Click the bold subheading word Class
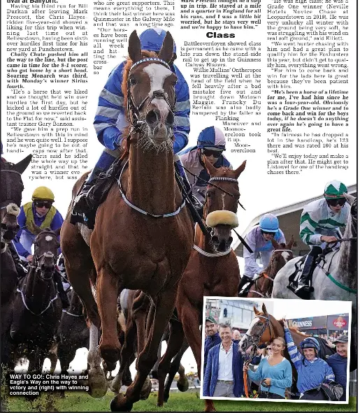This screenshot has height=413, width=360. (x=220, y=35)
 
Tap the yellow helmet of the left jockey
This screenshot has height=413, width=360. (x=43, y=194)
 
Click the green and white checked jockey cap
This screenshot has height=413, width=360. (x=336, y=189)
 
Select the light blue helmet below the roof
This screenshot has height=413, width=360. (x=269, y=223)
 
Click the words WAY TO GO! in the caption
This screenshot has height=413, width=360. (x=27, y=377)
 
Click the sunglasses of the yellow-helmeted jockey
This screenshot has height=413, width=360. (x=43, y=204)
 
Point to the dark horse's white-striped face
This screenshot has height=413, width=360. (x=45, y=252)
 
